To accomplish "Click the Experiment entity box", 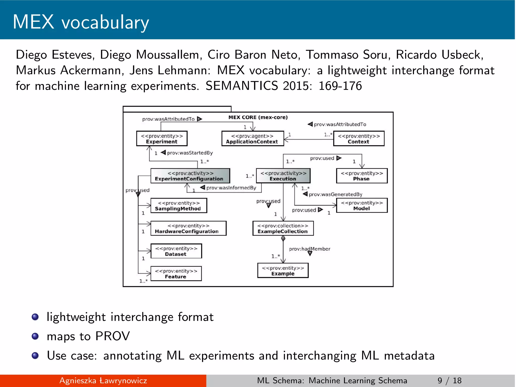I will (162, 139).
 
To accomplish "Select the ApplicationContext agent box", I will (252, 139).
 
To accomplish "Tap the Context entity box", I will (359, 139).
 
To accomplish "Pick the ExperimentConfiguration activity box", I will (190, 176).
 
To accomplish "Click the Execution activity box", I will (283, 176).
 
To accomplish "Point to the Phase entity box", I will (362, 176).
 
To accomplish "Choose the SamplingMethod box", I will (179, 206).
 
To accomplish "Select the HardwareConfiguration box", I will (188, 229).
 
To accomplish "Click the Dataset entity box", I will (176, 251).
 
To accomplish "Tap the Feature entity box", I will (176, 274).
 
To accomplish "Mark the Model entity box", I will (362, 206).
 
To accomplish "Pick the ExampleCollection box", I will (283, 229).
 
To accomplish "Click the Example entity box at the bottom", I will (283, 271).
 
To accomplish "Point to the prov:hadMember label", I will (309, 249).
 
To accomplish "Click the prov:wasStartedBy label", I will (190, 153).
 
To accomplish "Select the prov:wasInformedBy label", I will (231, 188).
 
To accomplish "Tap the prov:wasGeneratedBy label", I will (335, 195).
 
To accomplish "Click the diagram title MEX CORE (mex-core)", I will (258, 117).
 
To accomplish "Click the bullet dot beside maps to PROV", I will (35, 336).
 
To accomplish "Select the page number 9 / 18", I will (449, 380).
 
